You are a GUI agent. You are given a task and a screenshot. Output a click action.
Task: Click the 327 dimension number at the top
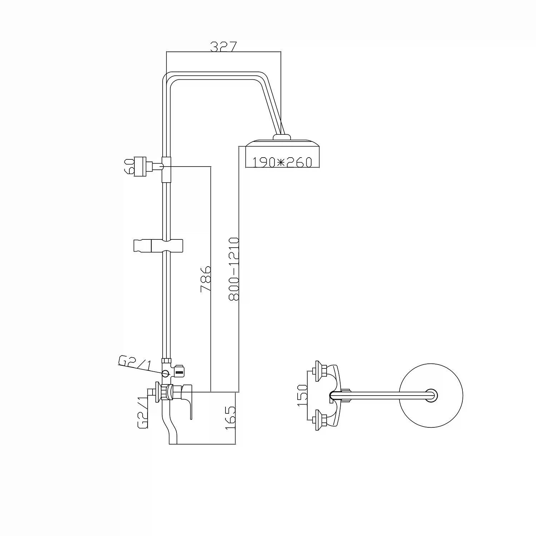[x=223, y=46]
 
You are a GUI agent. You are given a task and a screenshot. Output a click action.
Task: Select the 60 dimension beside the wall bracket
[x=129, y=166]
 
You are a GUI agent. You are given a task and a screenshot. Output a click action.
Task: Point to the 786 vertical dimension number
[x=205, y=279]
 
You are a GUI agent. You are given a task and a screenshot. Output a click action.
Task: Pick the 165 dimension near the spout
[x=230, y=417]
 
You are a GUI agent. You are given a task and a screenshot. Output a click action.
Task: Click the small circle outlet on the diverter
[x=165, y=374]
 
